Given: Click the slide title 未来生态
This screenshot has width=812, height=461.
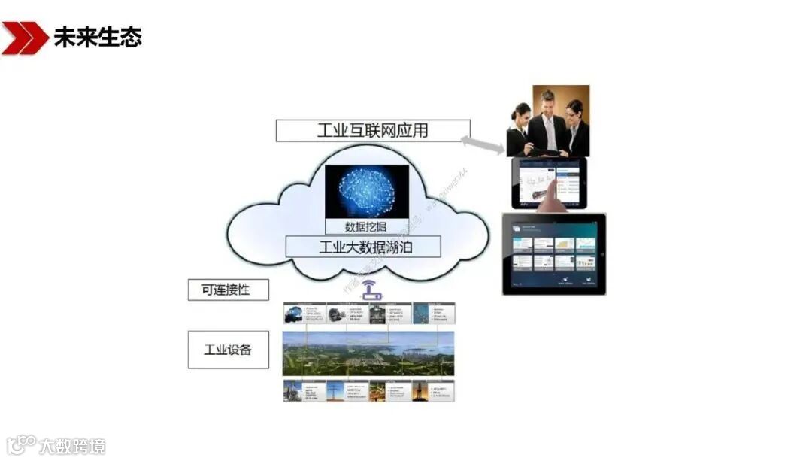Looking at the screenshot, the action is (98, 37).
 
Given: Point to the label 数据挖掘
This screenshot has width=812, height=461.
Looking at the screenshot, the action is (366, 226).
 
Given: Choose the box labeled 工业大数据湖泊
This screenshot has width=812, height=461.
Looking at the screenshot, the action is (363, 247).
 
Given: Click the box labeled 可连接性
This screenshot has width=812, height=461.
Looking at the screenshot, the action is (228, 290).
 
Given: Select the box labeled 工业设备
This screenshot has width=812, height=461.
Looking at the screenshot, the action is (228, 350).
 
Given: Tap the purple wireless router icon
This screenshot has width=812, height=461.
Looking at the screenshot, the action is (368, 290).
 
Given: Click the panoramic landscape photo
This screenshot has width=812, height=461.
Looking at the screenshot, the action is (368, 353).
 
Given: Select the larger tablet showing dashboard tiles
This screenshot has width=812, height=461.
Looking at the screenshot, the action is (554, 253).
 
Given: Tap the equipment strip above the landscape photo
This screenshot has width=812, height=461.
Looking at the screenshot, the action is (368, 313).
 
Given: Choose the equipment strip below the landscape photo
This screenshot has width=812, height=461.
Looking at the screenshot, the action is (368, 390).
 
